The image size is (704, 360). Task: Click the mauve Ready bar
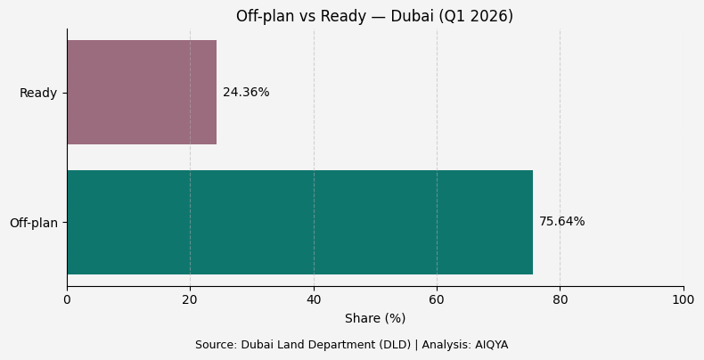pyautogui.click(x=142, y=93)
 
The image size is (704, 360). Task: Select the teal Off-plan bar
pyautogui.click(x=299, y=222)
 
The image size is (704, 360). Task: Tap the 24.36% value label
pyautogui.click(x=246, y=93)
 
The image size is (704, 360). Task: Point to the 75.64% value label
pyautogui.click(x=561, y=222)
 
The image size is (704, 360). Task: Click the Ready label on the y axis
pyautogui.click(x=38, y=94)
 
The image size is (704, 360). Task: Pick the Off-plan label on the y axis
pyautogui.click(x=34, y=223)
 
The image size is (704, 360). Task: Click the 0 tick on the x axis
pyautogui.click(x=67, y=300)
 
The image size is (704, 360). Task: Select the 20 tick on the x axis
pyautogui.click(x=190, y=300)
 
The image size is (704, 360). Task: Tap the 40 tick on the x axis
pyautogui.click(x=314, y=300)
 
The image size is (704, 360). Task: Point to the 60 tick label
pyautogui.click(x=437, y=300)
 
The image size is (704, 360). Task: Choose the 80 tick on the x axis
pyautogui.click(x=560, y=300)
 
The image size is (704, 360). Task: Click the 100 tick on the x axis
pyautogui.click(x=684, y=300)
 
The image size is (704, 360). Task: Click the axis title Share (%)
pyautogui.click(x=375, y=318)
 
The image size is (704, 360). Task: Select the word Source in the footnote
pyautogui.click(x=215, y=345)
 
